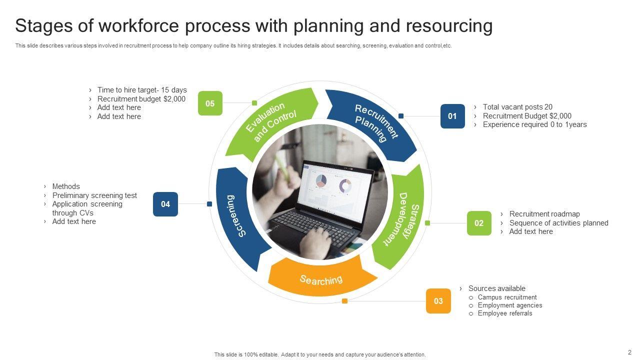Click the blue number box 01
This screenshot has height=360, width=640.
pyautogui.click(x=452, y=116)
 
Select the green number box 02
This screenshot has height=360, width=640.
pyautogui.click(x=479, y=223)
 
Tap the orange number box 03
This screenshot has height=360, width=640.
pyautogui.click(x=438, y=301)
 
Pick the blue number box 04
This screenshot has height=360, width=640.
pyautogui.click(x=165, y=204)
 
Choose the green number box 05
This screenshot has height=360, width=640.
pyautogui.click(x=210, y=103)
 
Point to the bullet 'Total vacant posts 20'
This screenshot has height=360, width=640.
pyautogui.click(x=517, y=107)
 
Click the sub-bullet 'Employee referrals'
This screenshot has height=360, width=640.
pyautogui.click(x=505, y=313)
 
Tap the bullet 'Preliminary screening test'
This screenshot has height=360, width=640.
pyautogui.click(x=94, y=195)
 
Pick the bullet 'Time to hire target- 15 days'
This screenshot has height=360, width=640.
pyautogui.click(x=142, y=90)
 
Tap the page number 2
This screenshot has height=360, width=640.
pyautogui.click(x=629, y=352)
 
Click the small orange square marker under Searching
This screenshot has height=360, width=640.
pyautogui.click(x=344, y=301)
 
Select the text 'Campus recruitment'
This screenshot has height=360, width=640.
pyautogui.click(x=507, y=297)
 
